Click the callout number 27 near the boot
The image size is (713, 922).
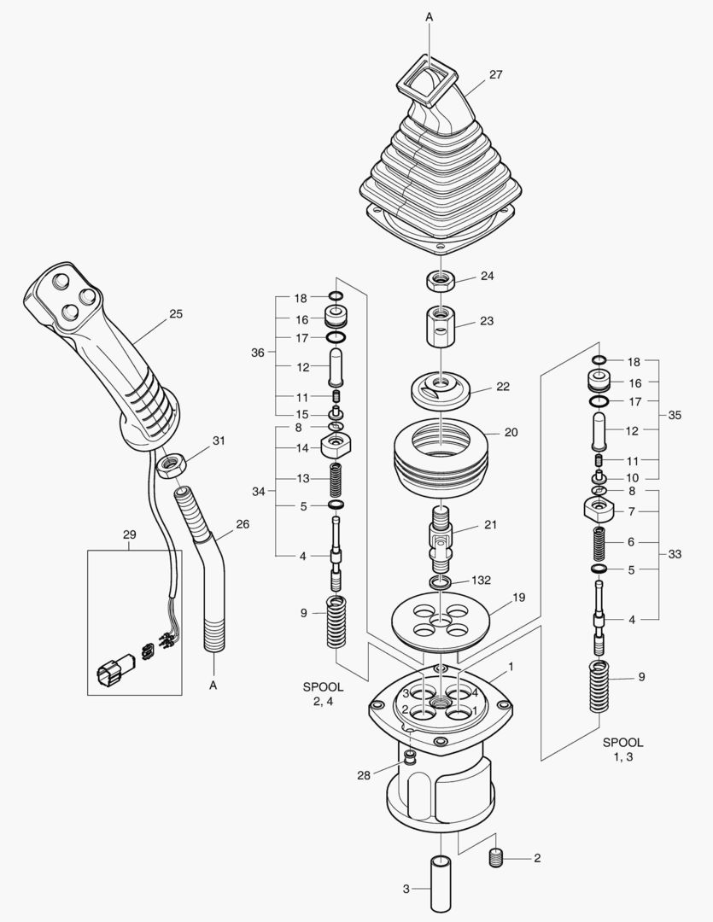point(495,75)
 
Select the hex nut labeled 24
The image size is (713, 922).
point(439,281)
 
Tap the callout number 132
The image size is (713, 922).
point(481,580)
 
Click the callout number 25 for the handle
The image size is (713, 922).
point(176,314)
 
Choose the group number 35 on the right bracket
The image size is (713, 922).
point(675,416)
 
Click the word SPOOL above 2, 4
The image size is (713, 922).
point(323,686)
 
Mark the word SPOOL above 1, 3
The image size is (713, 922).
point(623,743)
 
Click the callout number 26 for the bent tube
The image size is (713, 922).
point(243,524)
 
